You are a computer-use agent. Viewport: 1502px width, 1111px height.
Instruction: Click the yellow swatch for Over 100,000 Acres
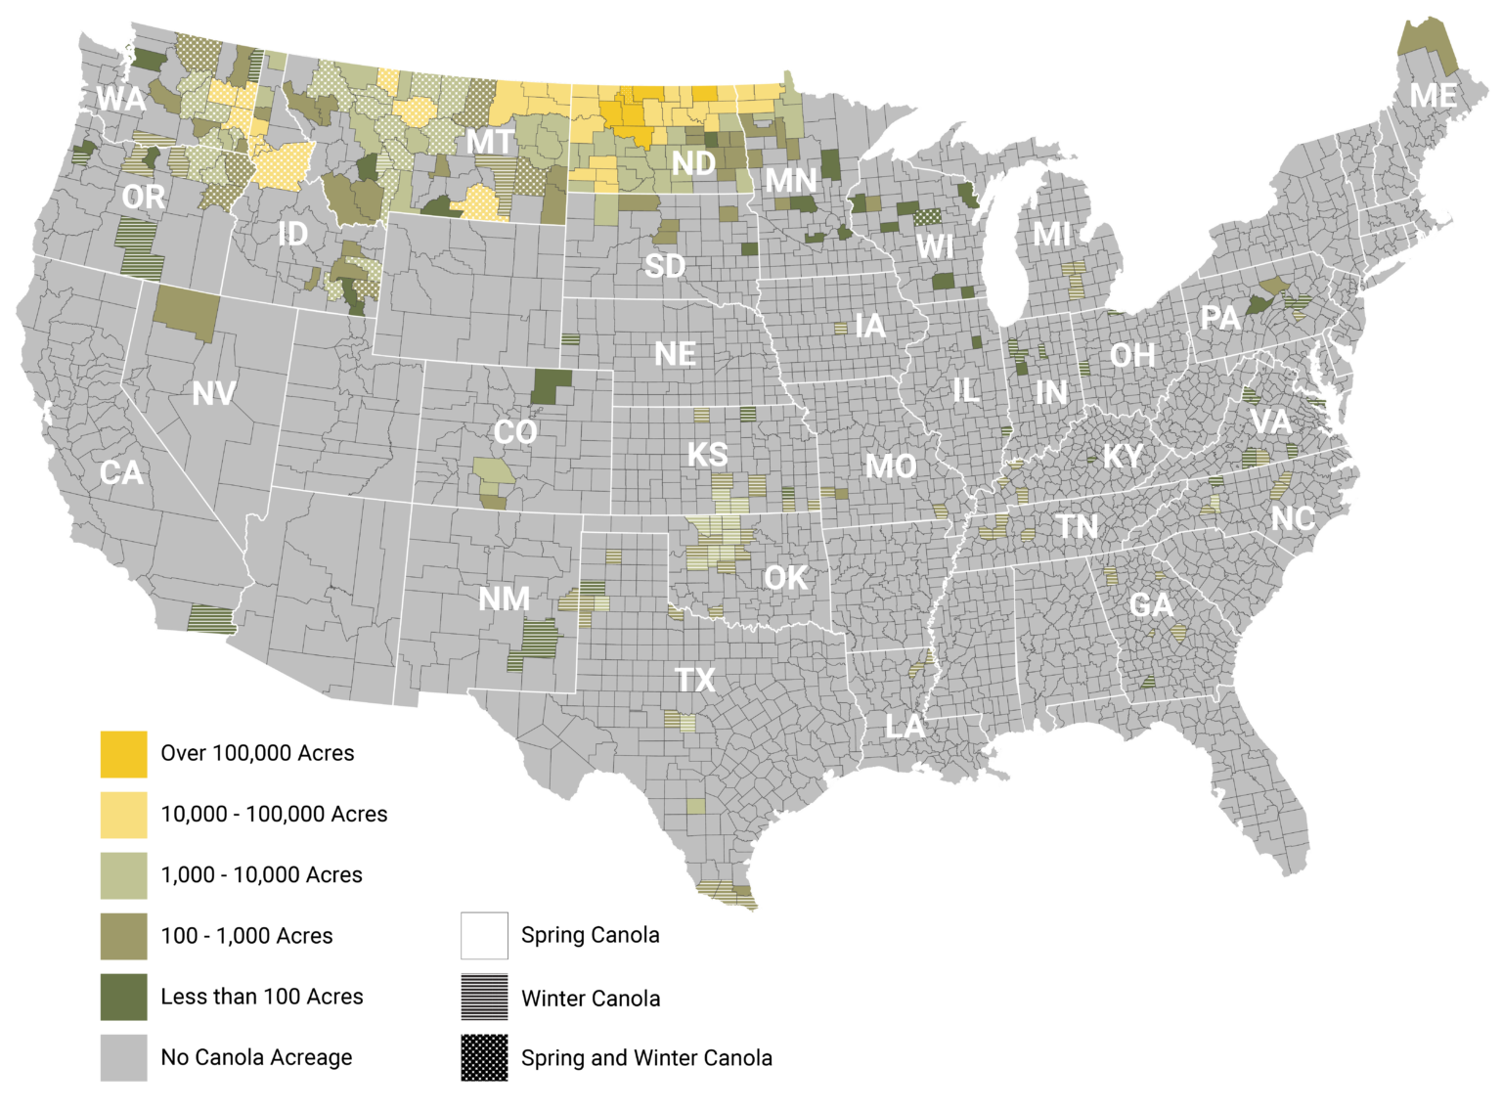tap(123, 754)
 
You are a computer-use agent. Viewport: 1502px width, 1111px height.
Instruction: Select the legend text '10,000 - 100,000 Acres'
tap(274, 814)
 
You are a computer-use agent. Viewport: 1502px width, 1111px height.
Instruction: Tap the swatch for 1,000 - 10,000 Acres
tap(123, 875)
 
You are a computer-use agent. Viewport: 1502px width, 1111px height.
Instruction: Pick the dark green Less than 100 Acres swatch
tap(123, 997)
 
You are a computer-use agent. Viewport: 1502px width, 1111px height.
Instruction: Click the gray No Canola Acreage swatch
tap(123, 1057)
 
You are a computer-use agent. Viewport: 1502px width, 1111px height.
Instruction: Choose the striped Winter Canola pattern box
tap(484, 998)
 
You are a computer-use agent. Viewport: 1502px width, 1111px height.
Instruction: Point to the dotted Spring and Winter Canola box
tap(484, 1057)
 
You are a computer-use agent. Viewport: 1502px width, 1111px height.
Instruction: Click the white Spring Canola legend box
tap(484, 936)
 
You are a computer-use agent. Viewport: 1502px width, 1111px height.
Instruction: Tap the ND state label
tap(693, 163)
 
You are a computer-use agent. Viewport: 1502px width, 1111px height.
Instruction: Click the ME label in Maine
tap(1434, 96)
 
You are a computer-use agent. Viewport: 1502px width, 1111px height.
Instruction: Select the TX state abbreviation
tap(695, 680)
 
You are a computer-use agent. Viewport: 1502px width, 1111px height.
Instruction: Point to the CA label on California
tap(121, 473)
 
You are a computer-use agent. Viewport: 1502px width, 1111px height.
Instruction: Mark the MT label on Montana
tap(489, 143)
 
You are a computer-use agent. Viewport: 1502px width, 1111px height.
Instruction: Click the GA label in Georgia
tap(1151, 605)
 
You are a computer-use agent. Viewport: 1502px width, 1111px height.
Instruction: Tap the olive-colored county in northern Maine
tap(1427, 44)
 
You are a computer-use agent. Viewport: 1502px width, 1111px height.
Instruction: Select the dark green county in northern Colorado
tap(552, 385)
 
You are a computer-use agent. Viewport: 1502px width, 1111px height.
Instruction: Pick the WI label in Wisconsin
tap(935, 246)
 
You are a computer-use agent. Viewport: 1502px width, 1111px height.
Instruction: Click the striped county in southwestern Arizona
tap(210, 619)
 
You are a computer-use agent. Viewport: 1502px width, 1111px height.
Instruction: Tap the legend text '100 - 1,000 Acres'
tap(246, 936)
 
